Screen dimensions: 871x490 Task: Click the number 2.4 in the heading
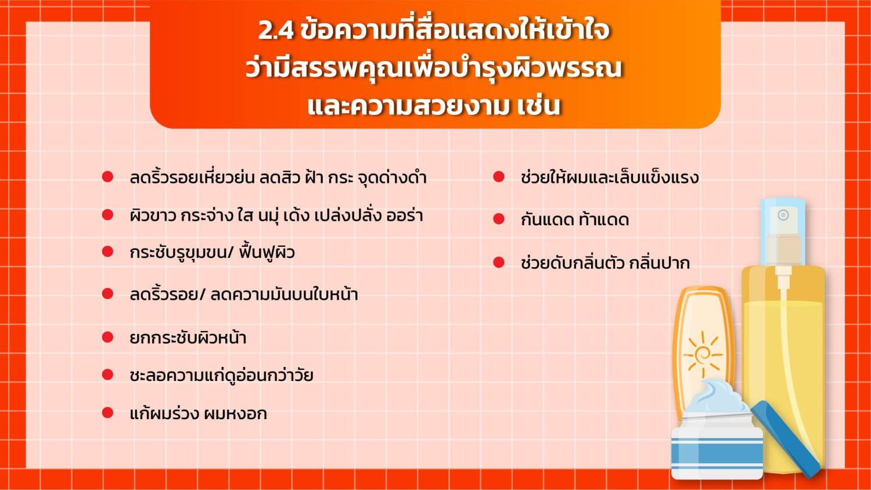point(276,31)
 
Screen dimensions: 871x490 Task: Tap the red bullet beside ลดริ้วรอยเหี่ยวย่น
point(107,176)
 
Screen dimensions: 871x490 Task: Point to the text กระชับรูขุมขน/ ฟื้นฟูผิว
point(213,253)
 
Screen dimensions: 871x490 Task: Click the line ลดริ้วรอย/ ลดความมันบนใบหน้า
point(244,294)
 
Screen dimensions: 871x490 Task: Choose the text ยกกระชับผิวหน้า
point(188,337)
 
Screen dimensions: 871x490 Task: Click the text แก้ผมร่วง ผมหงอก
point(199,413)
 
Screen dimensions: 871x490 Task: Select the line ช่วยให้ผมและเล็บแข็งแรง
point(610,177)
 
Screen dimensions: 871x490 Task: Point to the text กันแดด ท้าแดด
point(575,219)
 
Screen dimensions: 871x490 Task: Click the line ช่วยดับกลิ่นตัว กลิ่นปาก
point(606,262)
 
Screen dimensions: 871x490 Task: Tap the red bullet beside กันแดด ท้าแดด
point(499,219)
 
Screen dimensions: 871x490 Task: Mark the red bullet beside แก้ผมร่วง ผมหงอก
point(107,413)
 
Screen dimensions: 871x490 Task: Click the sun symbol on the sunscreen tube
point(702,355)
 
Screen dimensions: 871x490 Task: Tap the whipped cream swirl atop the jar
point(719,396)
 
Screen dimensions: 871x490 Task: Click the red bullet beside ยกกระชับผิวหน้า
point(107,337)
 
